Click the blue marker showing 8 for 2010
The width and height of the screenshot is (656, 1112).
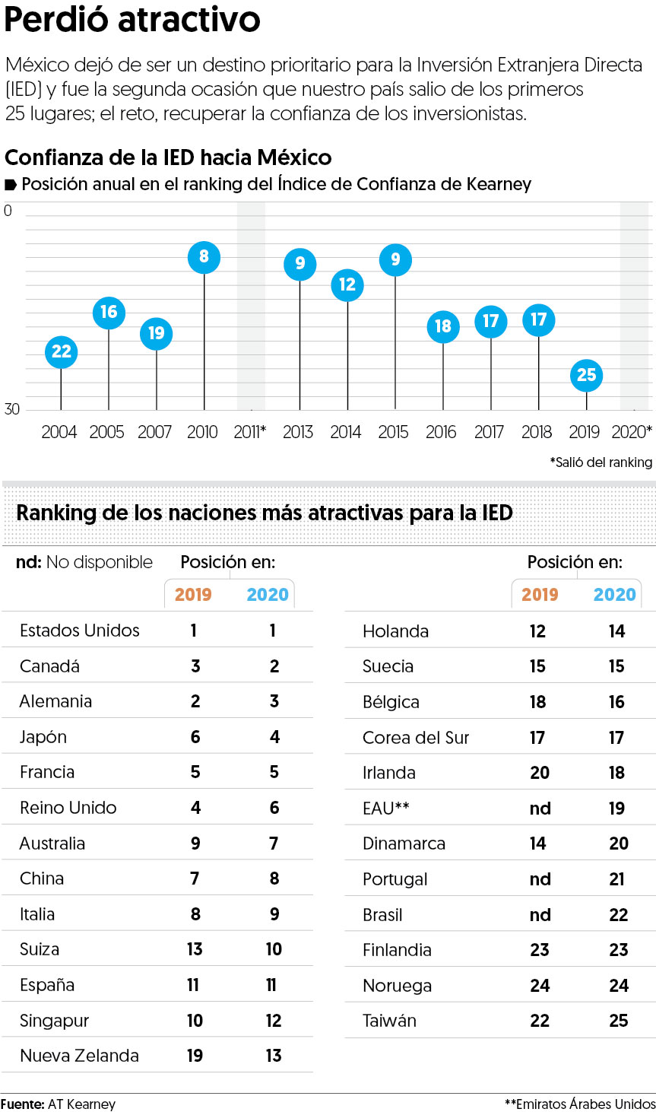pos(204,257)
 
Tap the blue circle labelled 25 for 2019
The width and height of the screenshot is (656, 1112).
pos(586,375)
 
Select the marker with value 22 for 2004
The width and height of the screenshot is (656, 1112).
pos(61,351)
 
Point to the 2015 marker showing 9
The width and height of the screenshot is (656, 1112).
pos(395,259)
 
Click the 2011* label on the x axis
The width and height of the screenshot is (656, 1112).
pos(250,432)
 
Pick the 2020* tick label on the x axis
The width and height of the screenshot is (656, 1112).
pos(632,432)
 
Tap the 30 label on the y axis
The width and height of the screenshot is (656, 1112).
pos(12,409)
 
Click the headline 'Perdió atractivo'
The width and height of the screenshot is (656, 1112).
pos(132,20)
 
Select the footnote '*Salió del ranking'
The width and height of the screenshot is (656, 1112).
pos(601,462)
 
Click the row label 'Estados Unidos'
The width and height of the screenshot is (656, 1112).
pos(80,631)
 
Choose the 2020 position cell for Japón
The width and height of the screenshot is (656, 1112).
pos(274,737)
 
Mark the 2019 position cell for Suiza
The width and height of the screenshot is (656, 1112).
pos(195,949)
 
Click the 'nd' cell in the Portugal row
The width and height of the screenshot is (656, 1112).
pos(540,879)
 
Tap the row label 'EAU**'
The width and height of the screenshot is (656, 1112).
pos(385,809)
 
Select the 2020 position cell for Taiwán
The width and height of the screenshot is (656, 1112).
pos(619,1021)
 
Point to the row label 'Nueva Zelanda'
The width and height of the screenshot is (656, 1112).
pos(79,1056)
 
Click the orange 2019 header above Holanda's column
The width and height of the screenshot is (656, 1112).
pos(540,595)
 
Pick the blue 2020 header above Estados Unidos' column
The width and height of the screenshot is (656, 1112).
pos(268,595)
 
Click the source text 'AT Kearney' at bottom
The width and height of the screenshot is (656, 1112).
pos(81,1104)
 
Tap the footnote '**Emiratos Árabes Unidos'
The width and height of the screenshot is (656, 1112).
pos(580,1104)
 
